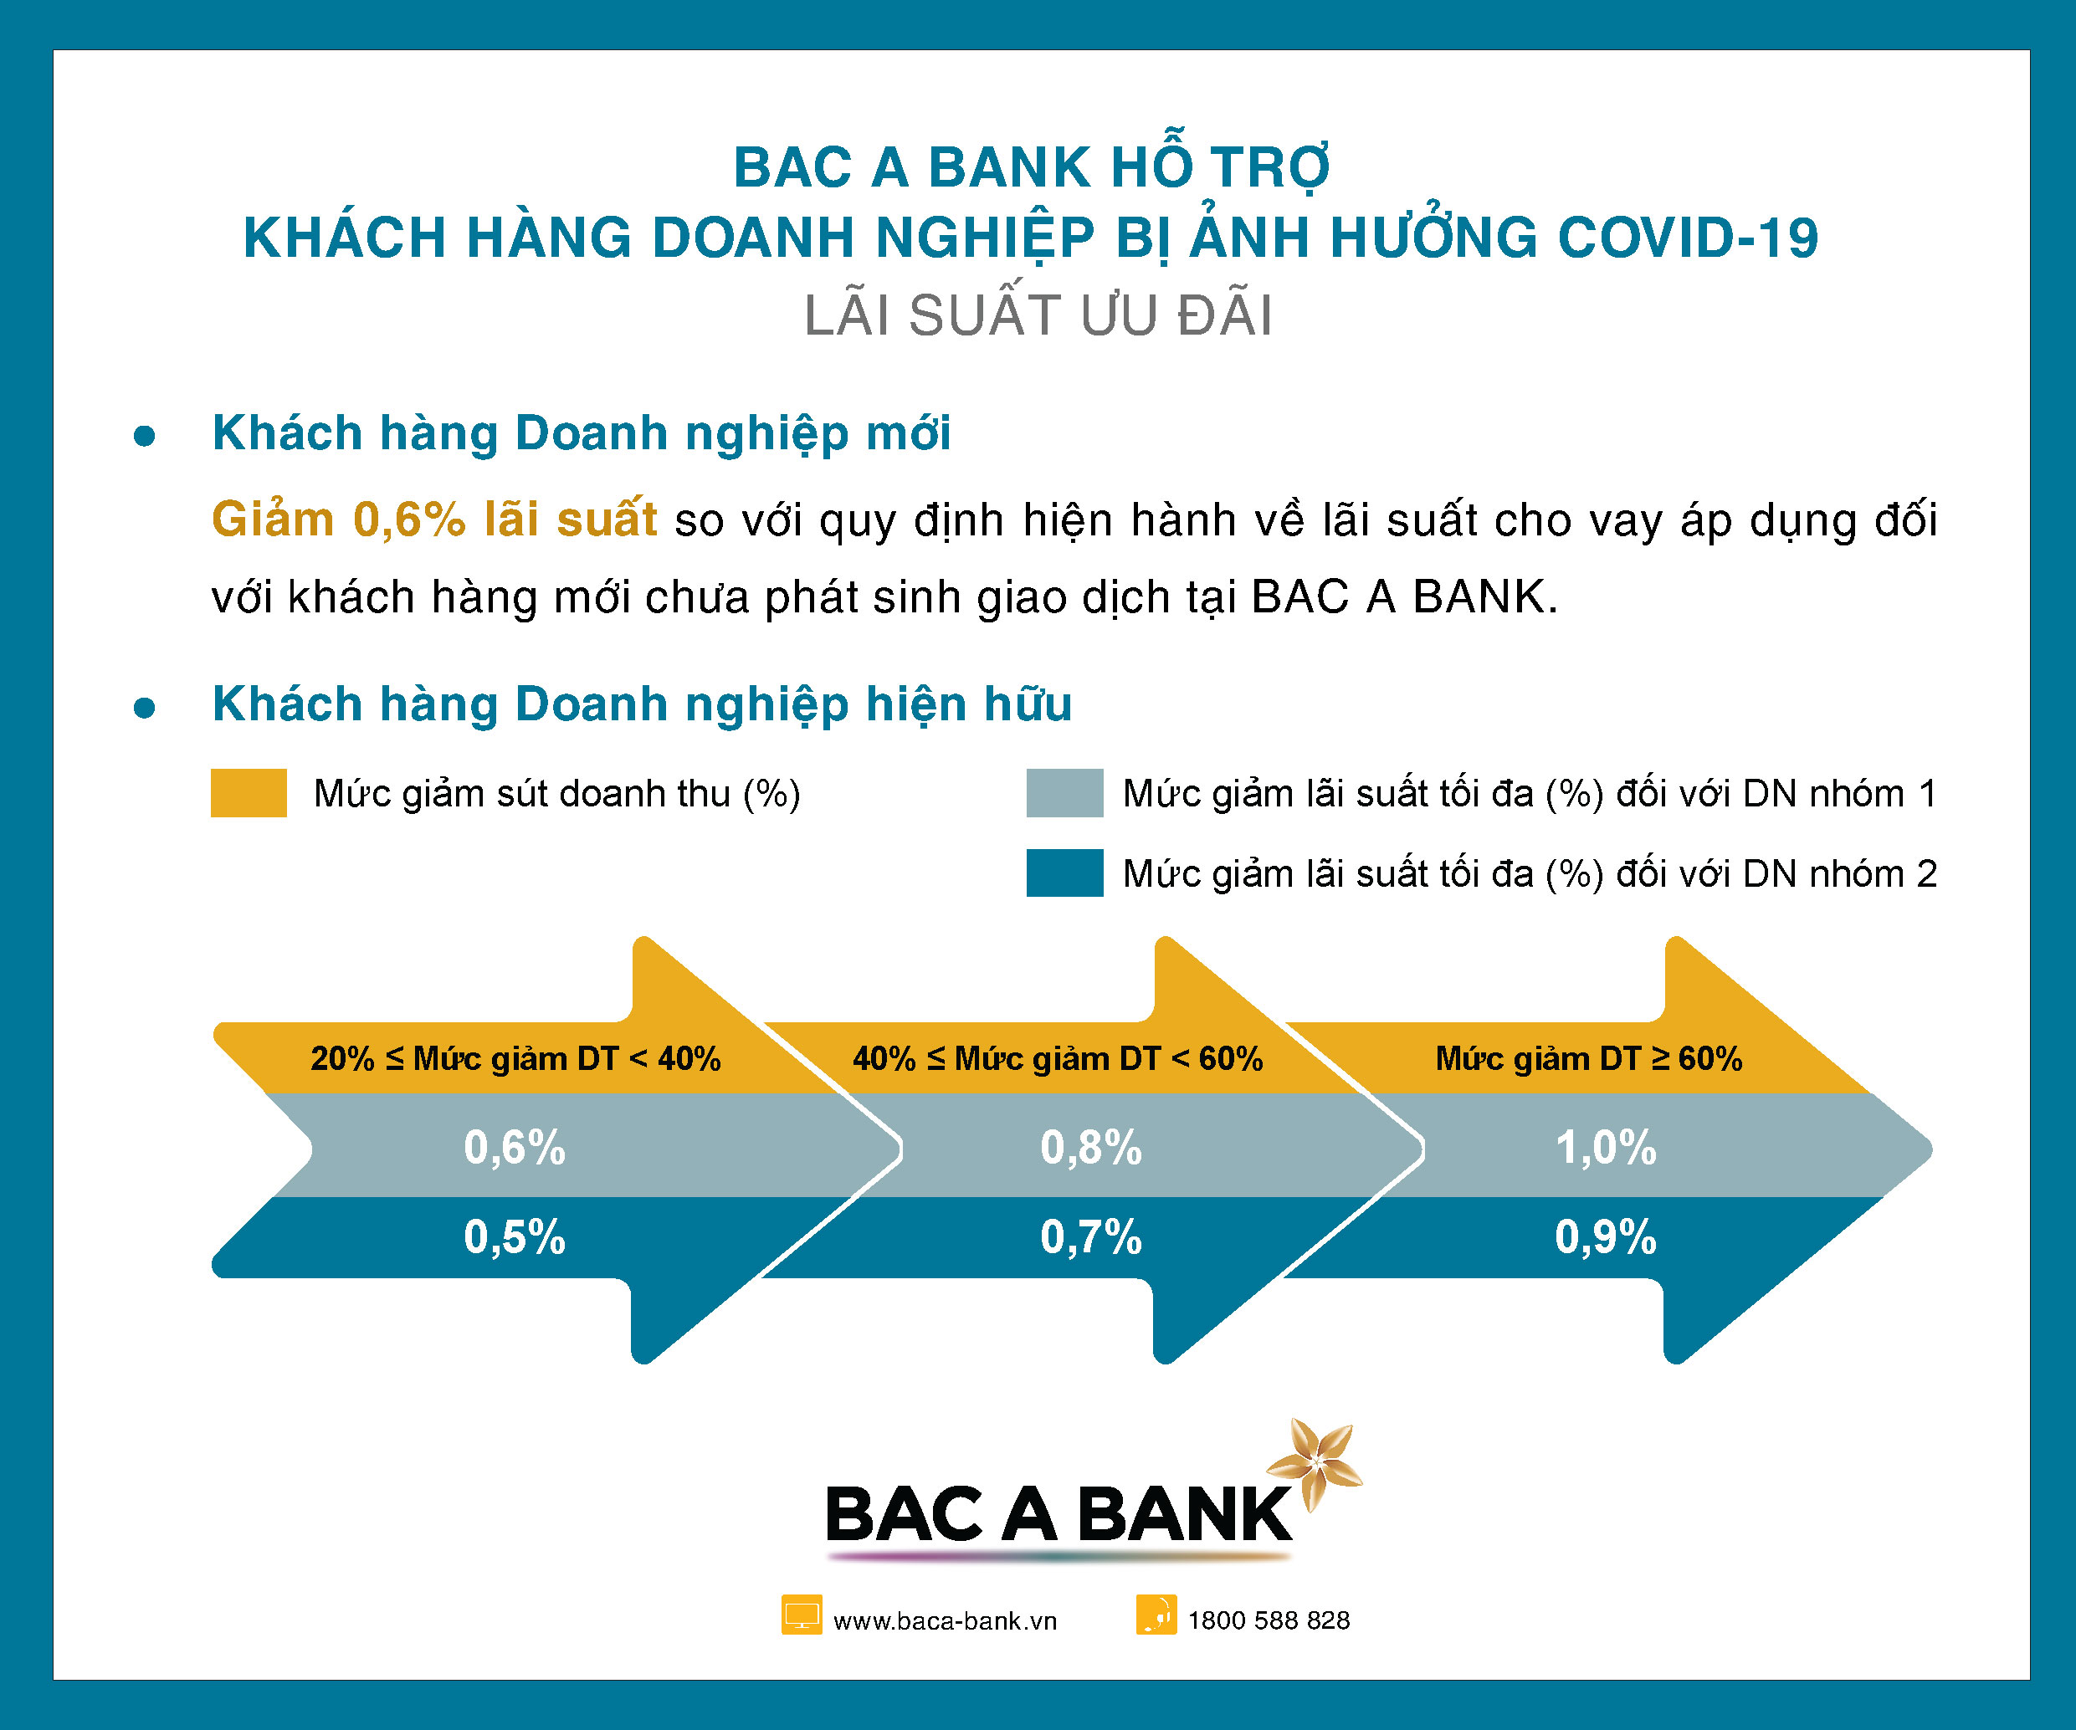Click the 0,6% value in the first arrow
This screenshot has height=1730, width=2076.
(514, 1148)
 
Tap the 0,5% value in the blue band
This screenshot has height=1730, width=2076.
(514, 1236)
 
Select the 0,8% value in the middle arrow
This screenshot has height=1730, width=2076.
(1090, 1148)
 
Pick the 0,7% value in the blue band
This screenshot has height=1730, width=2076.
(1090, 1236)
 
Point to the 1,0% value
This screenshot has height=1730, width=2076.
(1606, 1148)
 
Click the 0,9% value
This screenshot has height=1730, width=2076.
(1606, 1236)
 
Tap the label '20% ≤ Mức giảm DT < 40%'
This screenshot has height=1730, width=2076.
(515, 1059)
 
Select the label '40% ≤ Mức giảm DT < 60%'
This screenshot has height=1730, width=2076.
(1058, 1059)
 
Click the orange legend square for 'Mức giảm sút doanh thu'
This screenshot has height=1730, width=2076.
(249, 793)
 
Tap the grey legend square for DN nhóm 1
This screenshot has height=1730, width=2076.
(1064, 793)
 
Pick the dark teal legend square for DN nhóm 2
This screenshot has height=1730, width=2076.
(1064, 873)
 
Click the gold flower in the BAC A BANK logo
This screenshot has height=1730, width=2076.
(1315, 1464)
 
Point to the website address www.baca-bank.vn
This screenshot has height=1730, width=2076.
(945, 1621)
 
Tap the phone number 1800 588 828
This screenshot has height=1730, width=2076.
(1269, 1620)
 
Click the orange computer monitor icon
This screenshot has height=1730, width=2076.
(802, 1615)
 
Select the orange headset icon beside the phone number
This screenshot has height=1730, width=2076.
(1156, 1615)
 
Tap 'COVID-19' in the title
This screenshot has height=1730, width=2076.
(1688, 238)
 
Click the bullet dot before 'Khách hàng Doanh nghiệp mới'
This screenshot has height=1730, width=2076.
(144, 435)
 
